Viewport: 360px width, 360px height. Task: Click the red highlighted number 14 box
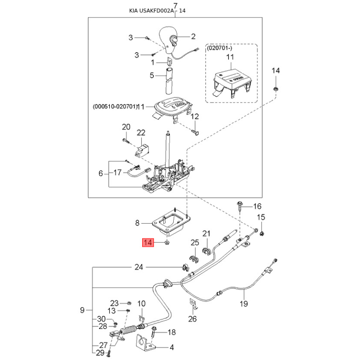tap(148, 243)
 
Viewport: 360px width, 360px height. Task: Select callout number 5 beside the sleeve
tap(152, 75)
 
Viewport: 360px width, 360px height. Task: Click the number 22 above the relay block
tap(141, 133)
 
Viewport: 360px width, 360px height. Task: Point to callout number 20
tap(126, 127)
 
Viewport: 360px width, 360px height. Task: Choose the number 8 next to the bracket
tap(138, 222)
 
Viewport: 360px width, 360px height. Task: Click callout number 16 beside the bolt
tap(257, 207)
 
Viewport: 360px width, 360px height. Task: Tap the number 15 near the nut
tap(261, 217)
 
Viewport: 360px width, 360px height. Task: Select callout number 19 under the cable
tap(243, 304)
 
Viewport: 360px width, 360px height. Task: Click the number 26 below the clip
tap(193, 319)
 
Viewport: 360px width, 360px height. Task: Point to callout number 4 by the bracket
tap(171, 347)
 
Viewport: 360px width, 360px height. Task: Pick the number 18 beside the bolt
tap(171, 333)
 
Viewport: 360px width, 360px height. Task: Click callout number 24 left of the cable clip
tap(139, 267)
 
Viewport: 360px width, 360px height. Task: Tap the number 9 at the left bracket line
tap(82, 310)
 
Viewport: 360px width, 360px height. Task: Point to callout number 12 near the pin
tap(194, 117)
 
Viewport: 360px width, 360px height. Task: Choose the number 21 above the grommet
tap(207, 234)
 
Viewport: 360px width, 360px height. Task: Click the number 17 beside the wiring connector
tap(117, 172)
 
